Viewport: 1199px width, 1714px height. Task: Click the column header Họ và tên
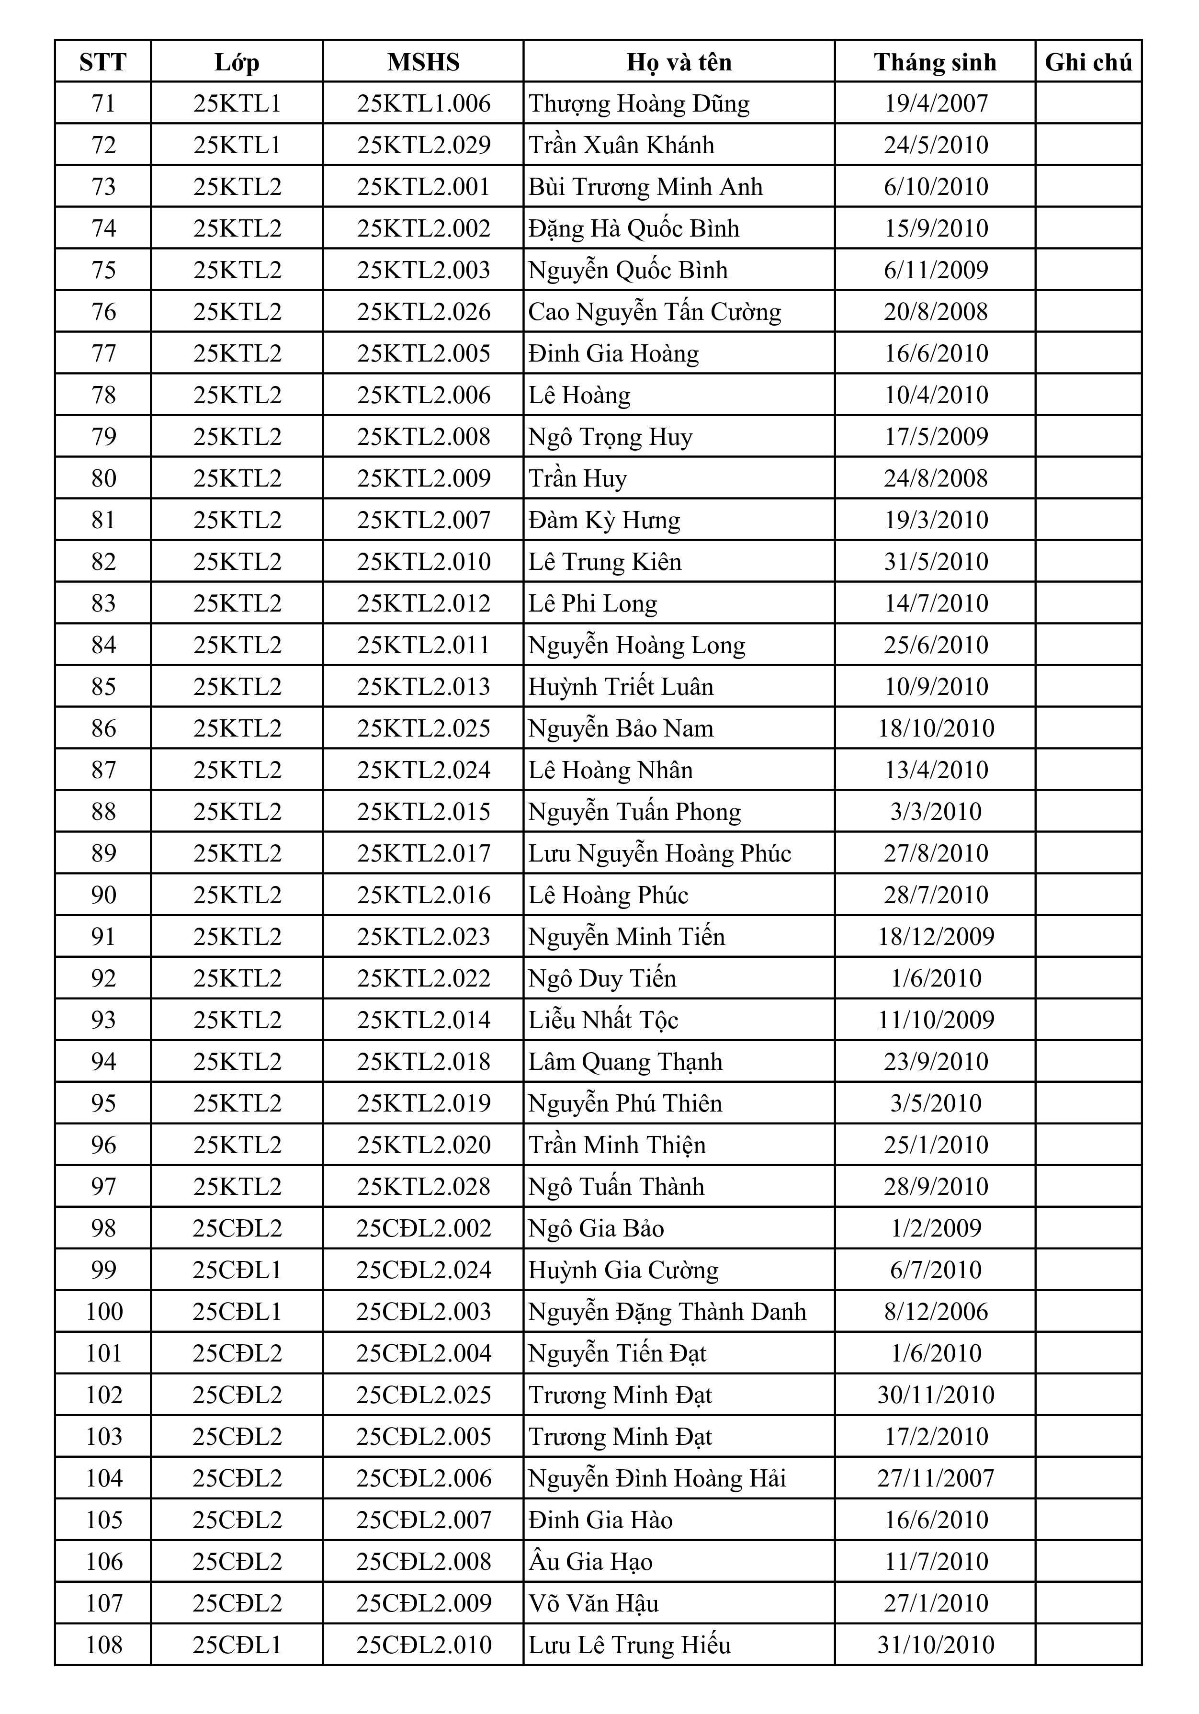point(679,62)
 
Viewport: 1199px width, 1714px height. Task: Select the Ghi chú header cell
point(1088,62)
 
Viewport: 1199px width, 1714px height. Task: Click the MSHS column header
point(423,62)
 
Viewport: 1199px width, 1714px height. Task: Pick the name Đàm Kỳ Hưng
point(604,520)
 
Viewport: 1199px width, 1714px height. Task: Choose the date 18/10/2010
point(936,728)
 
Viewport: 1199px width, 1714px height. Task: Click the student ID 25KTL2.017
point(423,853)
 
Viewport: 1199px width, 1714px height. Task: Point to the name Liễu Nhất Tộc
point(603,1020)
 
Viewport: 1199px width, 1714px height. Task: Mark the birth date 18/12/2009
point(936,936)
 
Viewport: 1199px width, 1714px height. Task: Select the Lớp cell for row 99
point(237,1270)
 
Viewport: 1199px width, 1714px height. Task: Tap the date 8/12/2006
point(936,1312)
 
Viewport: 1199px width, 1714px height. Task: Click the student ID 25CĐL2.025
point(423,1395)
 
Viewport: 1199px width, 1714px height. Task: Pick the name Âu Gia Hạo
point(590,1562)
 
